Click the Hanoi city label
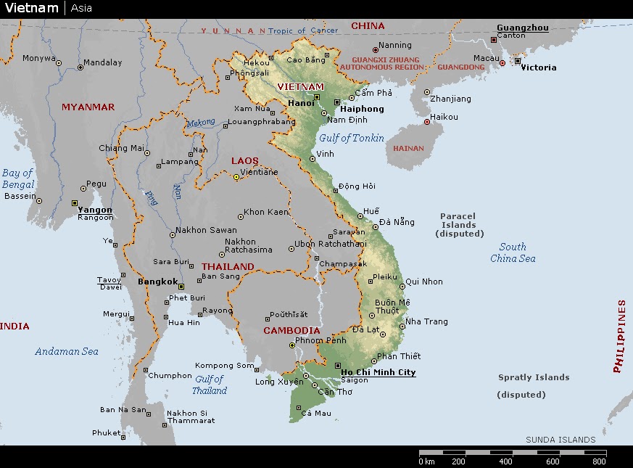[x=301, y=103]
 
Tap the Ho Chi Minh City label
[x=378, y=372]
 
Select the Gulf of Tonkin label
[x=352, y=138]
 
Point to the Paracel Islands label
[x=458, y=225]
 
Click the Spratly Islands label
[x=534, y=377]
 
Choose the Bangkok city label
[x=157, y=282]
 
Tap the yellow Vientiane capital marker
[x=236, y=177]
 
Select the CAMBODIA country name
[x=291, y=330]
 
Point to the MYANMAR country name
[x=88, y=107]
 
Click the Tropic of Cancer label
[x=303, y=30]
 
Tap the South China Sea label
[x=513, y=253]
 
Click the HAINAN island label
[x=408, y=148]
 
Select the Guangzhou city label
[x=522, y=28]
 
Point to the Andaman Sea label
[x=67, y=351]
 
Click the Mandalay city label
[x=102, y=62]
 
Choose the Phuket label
[x=106, y=433]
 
